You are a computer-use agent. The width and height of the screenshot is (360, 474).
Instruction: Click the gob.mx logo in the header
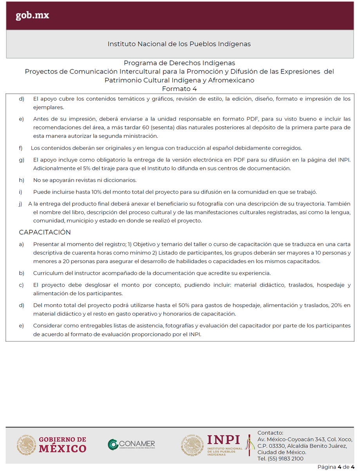click(x=33, y=16)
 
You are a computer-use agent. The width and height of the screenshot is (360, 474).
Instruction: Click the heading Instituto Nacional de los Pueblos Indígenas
click(x=179, y=44)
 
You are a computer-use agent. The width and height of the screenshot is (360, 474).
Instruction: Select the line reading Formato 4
click(x=179, y=89)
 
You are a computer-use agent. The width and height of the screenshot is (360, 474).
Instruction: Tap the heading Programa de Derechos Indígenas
click(x=179, y=63)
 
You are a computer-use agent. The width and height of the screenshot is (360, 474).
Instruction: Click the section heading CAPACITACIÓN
click(x=45, y=232)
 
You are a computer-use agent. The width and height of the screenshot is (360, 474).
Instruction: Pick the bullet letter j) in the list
click(x=20, y=204)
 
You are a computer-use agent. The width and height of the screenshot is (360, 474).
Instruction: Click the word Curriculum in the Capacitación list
click(x=48, y=273)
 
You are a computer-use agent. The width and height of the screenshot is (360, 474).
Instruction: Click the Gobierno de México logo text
click(x=63, y=445)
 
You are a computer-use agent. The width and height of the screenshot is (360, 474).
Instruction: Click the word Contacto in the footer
click(x=270, y=433)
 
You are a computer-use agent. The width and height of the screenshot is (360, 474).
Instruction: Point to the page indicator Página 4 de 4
click(x=336, y=467)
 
